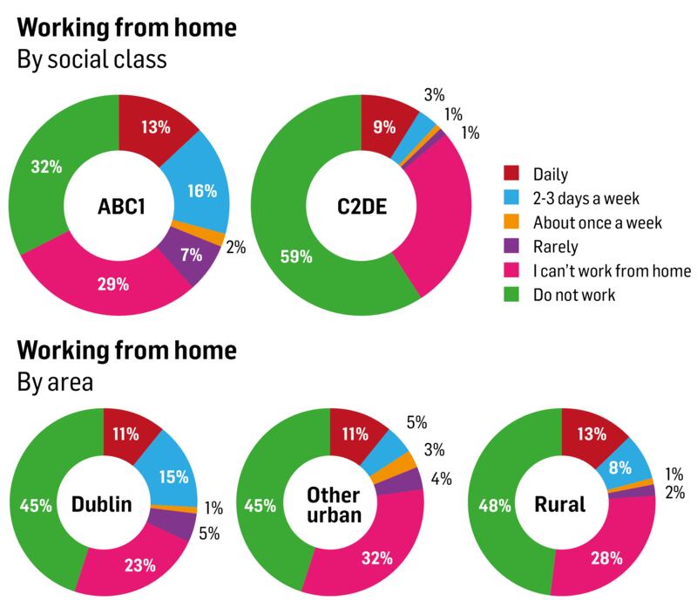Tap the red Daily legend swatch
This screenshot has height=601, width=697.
513,174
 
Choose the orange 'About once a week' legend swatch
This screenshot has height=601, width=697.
513,222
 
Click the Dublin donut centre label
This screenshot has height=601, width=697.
102,505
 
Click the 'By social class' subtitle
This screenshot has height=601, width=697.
91,62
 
